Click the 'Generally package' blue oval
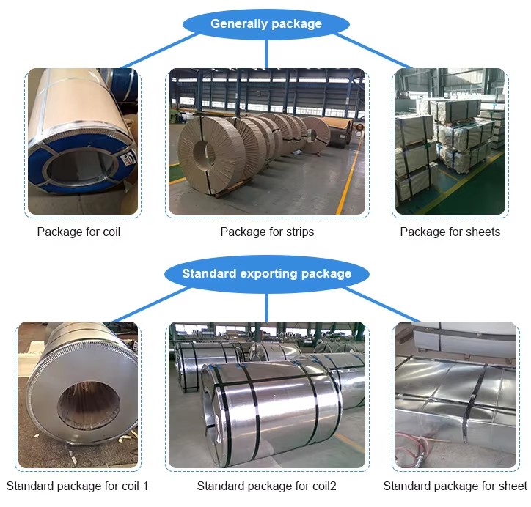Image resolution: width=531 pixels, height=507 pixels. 265,24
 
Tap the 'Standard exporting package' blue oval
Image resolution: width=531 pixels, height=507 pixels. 266,274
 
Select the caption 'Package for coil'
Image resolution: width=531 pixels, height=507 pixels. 78,232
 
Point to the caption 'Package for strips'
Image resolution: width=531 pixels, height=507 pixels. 267,232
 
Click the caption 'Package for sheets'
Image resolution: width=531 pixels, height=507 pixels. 450,232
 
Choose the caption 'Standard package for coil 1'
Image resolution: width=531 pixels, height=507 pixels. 77,486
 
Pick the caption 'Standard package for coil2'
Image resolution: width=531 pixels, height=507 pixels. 266,486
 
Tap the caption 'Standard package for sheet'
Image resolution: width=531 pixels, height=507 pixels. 455,486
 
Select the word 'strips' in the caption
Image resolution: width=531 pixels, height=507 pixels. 299,232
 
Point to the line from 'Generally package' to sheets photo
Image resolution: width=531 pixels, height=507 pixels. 378,49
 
